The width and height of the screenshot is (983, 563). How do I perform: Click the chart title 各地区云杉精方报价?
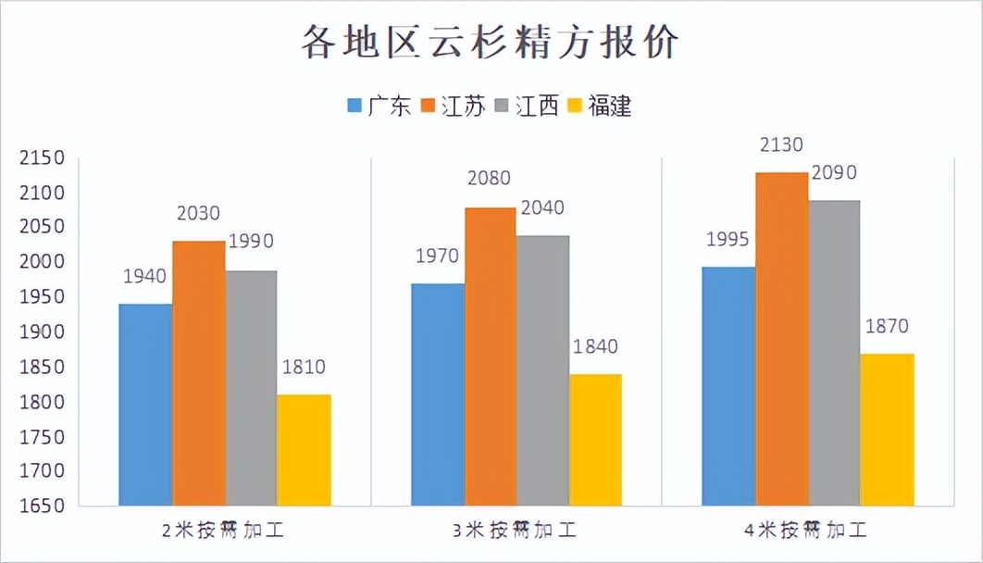pos(491,43)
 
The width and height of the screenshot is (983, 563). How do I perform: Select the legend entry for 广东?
pos(379,106)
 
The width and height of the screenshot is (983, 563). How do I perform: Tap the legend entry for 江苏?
pos(454,106)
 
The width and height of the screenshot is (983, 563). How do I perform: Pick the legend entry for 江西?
pos(528,106)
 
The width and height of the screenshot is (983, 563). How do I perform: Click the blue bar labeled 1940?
pos(145,405)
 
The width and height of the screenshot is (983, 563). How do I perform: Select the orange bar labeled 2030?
pos(198,373)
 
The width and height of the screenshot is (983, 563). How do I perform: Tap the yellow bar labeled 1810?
pos(304,450)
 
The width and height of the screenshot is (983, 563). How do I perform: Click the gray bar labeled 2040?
pos(542,370)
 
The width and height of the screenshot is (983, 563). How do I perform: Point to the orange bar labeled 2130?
pos(780,339)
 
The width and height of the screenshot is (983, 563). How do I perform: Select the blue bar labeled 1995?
pos(728,386)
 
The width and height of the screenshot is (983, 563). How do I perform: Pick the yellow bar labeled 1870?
pos(887,430)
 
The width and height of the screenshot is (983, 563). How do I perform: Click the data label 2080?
pos(489,178)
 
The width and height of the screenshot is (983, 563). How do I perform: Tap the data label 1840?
pos(594,346)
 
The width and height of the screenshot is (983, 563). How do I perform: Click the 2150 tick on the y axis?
pos(42,157)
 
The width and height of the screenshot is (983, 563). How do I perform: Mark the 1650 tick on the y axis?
pos(42,506)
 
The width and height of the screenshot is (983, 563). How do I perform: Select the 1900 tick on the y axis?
pos(42,332)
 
